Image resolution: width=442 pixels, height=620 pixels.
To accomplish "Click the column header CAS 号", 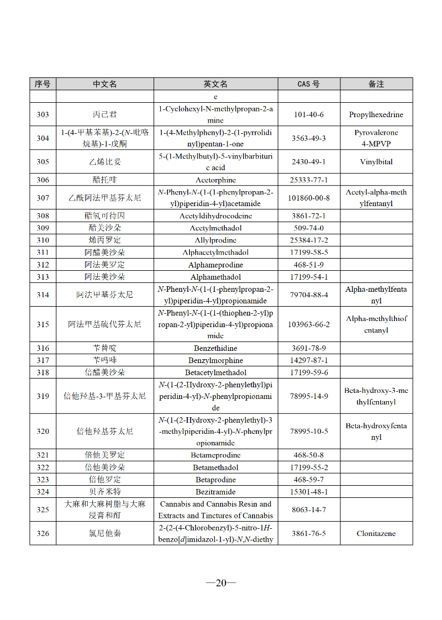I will tap(308, 84).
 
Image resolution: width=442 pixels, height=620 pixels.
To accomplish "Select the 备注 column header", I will tap(376, 84).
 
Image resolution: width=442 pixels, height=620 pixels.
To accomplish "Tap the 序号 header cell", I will tap(43, 84).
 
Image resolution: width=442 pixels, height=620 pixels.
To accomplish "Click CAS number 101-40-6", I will tap(309, 114).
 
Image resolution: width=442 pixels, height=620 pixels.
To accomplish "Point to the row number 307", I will tap(43, 198).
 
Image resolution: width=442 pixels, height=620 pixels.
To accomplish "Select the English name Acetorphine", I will tap(215, 180).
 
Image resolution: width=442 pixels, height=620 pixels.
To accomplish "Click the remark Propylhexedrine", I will tap(376, 114).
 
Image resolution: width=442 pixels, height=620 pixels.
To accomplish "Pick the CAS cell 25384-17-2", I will tap(309, 240).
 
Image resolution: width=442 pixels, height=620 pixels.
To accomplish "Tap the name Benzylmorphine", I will tap(215, 360).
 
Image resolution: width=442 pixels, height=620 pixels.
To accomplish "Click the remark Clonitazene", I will tap(376, 533).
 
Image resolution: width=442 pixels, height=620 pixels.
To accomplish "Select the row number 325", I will tap(43, 509).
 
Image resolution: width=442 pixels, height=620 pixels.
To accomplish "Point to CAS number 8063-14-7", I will tap(309, 509).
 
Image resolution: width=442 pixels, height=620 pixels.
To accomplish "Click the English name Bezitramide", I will tap(215, 492).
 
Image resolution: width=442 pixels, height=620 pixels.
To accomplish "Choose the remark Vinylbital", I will tap(376, 162).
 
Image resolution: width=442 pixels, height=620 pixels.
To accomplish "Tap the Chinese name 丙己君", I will tap(105, 114).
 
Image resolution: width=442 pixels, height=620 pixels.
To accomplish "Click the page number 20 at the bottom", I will tap(221, 582).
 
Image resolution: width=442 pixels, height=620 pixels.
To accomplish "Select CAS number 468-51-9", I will tap(309, 265).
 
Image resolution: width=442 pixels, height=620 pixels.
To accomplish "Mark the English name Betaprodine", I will tap(215, 480).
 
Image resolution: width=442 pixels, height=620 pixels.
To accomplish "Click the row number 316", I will tap(43, 348).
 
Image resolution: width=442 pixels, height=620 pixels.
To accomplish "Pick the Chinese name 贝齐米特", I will tap(105, 492).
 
